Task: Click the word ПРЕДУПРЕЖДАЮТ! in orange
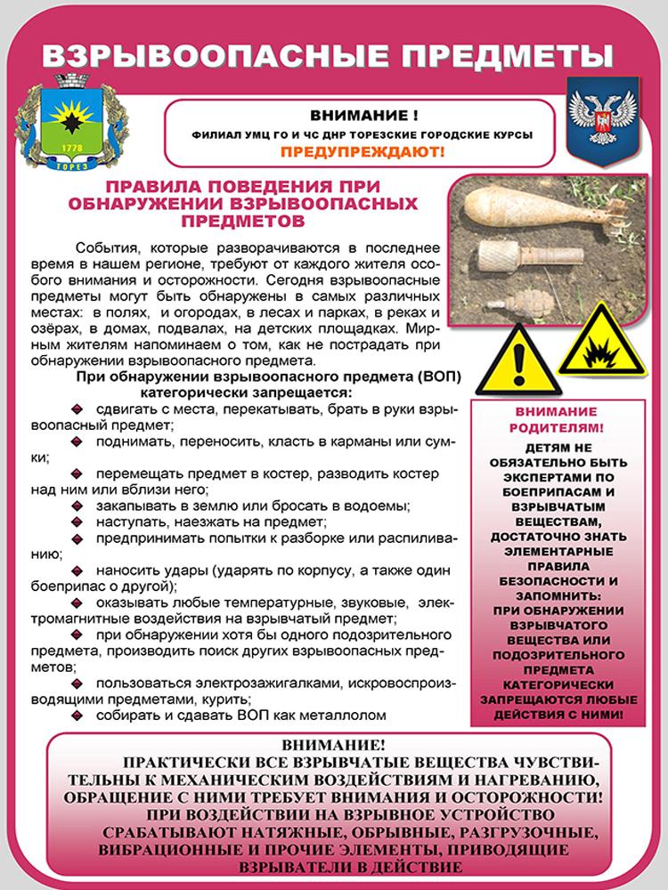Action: (363, 151)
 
